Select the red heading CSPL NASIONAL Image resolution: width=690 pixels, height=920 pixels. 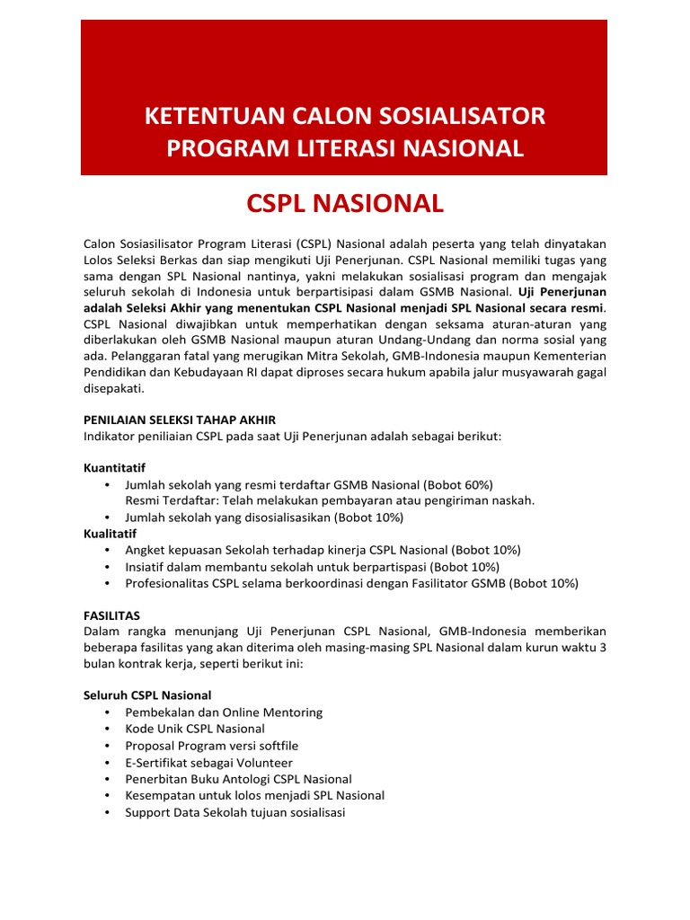(345, 204)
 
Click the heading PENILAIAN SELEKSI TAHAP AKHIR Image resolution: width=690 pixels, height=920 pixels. (180, 420)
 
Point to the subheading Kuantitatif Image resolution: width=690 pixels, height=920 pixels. (114, 468)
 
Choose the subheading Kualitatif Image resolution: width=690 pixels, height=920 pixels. (111, 534)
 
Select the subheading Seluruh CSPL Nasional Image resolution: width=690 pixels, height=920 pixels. (147, 695)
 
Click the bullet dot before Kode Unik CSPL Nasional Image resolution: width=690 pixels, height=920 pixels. (108, 729)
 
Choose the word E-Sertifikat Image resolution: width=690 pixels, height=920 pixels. (158, 762)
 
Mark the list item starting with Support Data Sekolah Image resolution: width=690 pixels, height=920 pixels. (234, 812)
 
